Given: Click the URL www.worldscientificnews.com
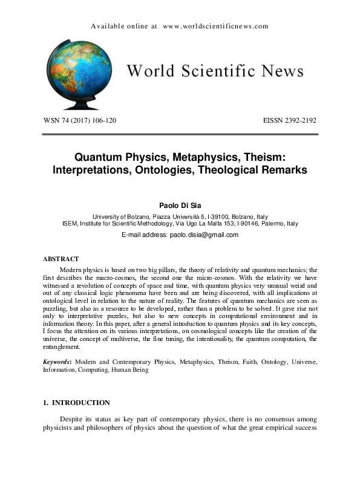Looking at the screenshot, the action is pos(215,26).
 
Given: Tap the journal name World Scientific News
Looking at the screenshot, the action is pos(215,71).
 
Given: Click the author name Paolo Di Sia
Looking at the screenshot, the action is pos(180,206).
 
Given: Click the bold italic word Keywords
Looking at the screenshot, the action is pos(56,362).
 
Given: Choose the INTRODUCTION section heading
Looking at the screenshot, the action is pos(81,403).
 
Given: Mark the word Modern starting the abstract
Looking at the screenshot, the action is pos(72,268).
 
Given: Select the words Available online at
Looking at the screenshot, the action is pos(124,26).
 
